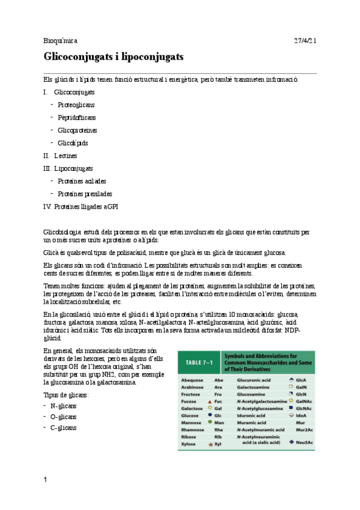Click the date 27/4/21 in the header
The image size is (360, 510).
point(305,41)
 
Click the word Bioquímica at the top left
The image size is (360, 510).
point(61,41)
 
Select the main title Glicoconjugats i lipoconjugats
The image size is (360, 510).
point(114,57)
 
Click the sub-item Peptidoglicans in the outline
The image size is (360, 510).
point(76,117)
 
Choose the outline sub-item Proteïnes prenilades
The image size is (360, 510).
point(85,194)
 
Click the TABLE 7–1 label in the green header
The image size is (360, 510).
point(198,363)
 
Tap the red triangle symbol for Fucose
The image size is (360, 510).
point(209,400)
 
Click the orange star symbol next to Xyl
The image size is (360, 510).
point(210,444)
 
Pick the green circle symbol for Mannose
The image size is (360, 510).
point(209,422)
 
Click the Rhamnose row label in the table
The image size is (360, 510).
point(192,429)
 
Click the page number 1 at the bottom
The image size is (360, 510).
point(45,479)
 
